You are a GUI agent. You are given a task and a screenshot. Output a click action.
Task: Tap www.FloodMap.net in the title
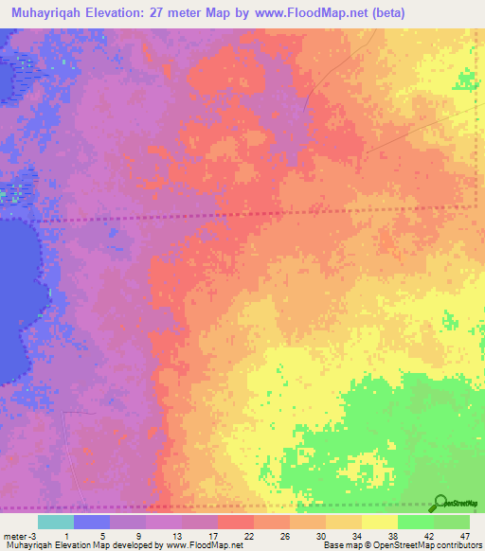pos(315,12)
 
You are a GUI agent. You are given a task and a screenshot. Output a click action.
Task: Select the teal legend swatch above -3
pos(56,522)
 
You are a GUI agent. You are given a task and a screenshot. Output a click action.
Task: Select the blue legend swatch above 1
pos(92,522)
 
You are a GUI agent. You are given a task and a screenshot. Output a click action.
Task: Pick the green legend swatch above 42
pos(415,522)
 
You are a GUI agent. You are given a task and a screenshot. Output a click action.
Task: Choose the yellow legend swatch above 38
pos(379,522)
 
